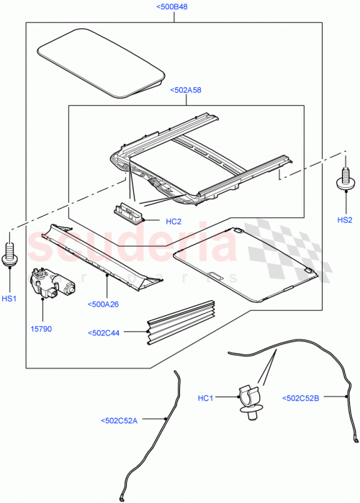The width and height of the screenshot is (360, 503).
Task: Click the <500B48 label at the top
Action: (x=174, y=7)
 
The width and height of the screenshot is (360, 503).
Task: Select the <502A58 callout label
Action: (x=186, y=91)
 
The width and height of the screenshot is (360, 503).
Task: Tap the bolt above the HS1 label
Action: (x=10, y=251)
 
